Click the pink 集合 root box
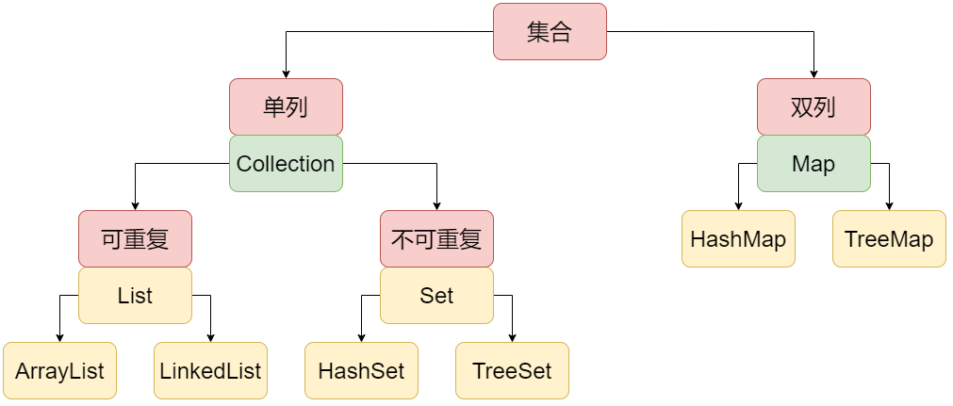click(550, 32)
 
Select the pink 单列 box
click(286, 106)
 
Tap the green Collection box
click(286, 164)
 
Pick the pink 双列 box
click(813, 106)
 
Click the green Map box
click(813, 164)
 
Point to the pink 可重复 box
click(135, 238)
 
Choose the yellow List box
click(135, 296)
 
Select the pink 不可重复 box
click(436, 238)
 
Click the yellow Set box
click(436, 296)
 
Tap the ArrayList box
click(59, 370)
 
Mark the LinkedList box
click(210, 370)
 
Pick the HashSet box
click(361, 370)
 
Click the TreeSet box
click(512, 370)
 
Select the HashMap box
click(738, 238)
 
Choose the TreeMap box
click(889, 238)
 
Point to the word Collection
click(286, 164)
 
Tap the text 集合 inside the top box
click(550, 32)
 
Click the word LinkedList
click(210, 370)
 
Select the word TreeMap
click(889, 238)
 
